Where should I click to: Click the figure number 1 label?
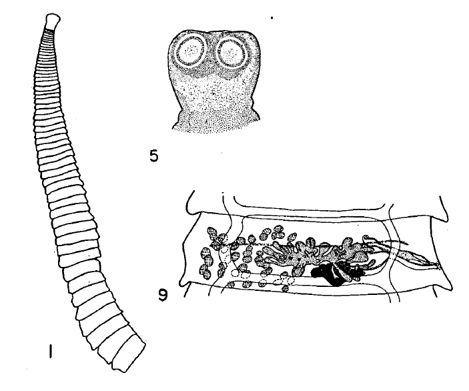(x=51, y=351)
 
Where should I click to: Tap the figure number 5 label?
(x=153, y=156)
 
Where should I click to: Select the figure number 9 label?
(x=163, y=296)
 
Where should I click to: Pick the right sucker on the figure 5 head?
(x=231, y=52)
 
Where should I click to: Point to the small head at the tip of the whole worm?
(x=52, y=21)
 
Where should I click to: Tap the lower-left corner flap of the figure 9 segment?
(x=185, y=284)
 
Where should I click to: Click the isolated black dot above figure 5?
(x=272, y=18)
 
